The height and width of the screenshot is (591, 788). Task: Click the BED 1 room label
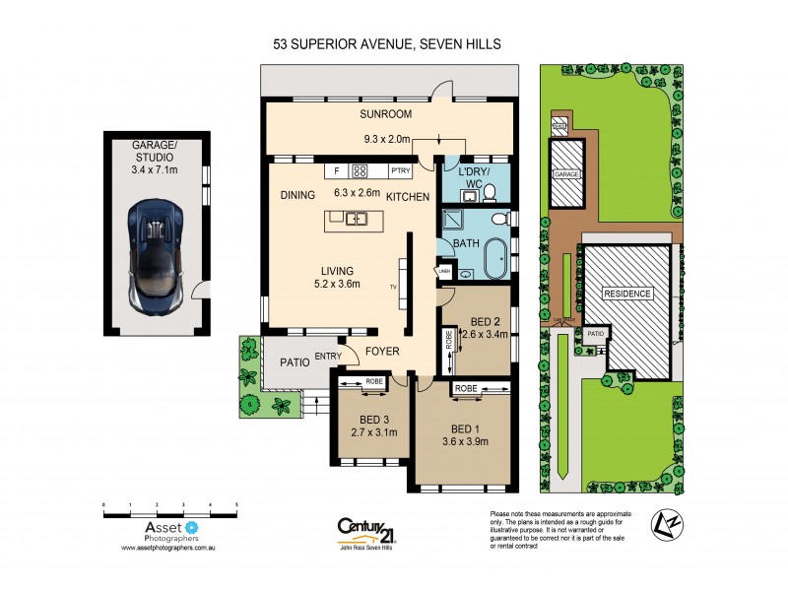click(x=463, y=428)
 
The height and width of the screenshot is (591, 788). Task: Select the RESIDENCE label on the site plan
click(x=627, y=294)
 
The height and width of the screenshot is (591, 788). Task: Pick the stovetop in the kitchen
click(x=360, y=169)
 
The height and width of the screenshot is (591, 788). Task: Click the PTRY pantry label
click(x=400, y=169)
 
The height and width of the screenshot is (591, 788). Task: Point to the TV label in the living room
click(x=392, y=286)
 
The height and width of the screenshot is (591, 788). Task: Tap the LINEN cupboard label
click(x=445, y=270)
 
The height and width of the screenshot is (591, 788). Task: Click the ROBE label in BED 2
click(x=449, y=347)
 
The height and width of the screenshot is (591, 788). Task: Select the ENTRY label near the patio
click(x=327, y=357)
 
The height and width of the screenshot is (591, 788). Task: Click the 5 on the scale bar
click(x=236, y=505)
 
